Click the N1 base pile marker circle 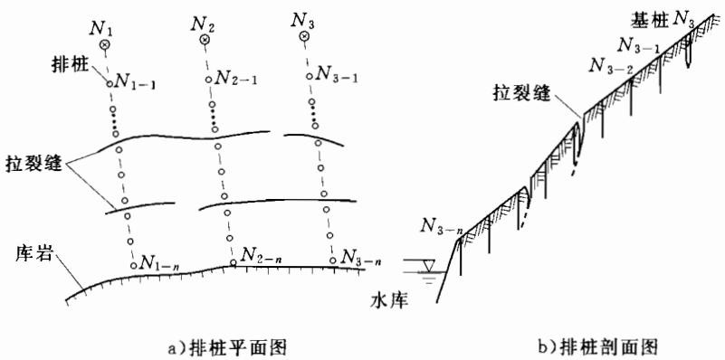coord(105,44)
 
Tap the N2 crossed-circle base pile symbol coord(205,40)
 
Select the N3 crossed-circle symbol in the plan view coord(303,35)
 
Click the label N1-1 coord(135,82)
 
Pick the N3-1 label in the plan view coord(336,75)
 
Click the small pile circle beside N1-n coord(134,265)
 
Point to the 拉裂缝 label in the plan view coord(33,165)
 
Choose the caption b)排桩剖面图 coord(601,346)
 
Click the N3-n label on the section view coord(442,227)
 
